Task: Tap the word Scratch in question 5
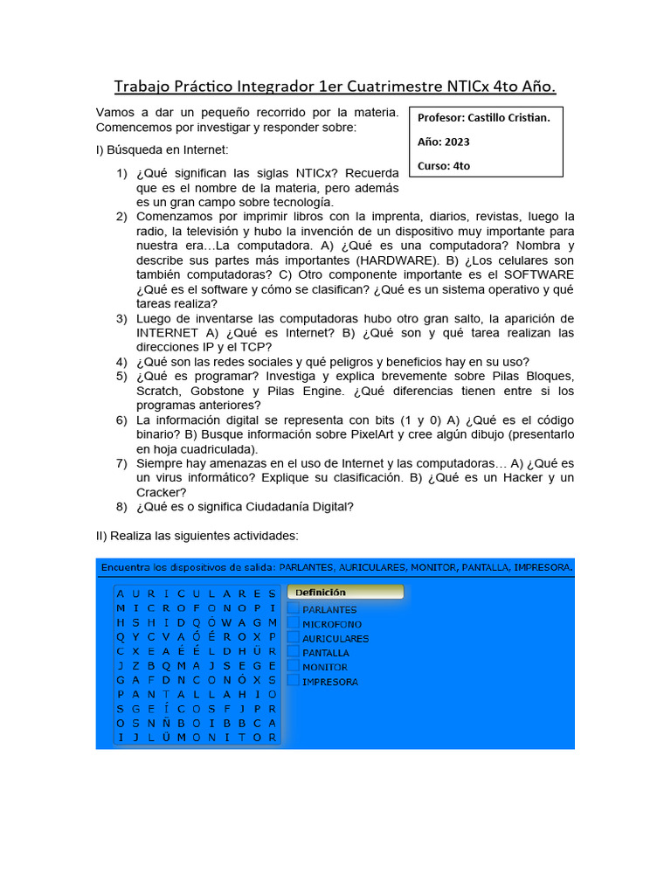point(157,391)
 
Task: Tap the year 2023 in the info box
point(456,141)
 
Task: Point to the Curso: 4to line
point(444,165)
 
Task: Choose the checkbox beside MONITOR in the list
point(294,667)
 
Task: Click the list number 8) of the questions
point(121,507)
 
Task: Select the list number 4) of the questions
point(121,362)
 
